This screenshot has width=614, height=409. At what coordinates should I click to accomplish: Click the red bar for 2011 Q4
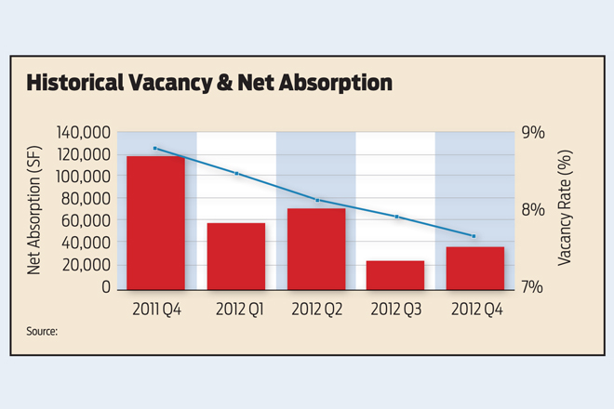(x=155, y=222)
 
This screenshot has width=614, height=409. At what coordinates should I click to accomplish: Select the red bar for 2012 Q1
(x=236, y=256)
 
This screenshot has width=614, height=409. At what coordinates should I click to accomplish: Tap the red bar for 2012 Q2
(x=316, y=248)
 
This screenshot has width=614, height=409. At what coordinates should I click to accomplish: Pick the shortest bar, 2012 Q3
(x=395, y=274)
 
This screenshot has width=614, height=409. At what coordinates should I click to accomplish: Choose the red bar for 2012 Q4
(x=475, y=268)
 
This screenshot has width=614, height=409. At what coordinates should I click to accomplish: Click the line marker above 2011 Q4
(x=155, y=149)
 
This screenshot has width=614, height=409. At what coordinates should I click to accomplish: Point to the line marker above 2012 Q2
(x=317, y=201)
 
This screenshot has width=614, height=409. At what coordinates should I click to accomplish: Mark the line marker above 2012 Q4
(x=474, y=236)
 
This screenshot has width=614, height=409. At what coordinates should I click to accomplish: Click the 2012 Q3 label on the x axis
(x=395, y=307)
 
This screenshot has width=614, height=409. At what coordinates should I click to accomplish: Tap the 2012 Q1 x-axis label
(x=236, y=307)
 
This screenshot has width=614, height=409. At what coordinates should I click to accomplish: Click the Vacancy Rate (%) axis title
(x=565, y=210)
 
